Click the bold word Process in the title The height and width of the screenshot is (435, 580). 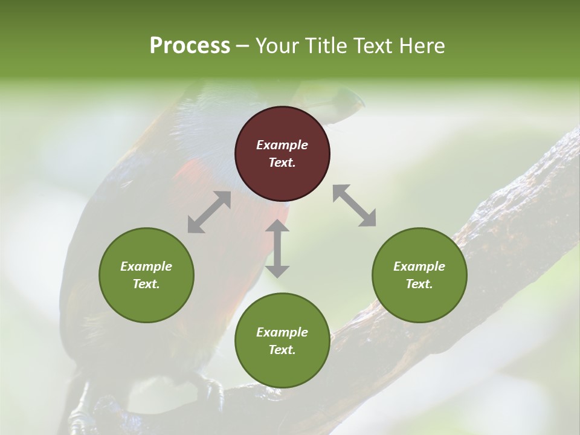(x=190, y=46)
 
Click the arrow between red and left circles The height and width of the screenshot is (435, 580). (x=209, y=212)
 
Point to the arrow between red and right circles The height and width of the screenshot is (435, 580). (x=355, y=205)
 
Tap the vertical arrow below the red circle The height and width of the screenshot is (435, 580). (x=277, y=248)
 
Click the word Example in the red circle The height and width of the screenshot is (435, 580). (x=282, y=145)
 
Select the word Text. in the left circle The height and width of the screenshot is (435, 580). (x=146, y=284)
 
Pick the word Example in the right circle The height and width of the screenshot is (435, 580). (x=419, y=266)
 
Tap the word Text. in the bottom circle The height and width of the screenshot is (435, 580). (x=282, y=350)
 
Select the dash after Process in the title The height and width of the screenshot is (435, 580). (x=243, y=46)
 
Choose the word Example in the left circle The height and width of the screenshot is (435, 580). (x=146, y=266)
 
